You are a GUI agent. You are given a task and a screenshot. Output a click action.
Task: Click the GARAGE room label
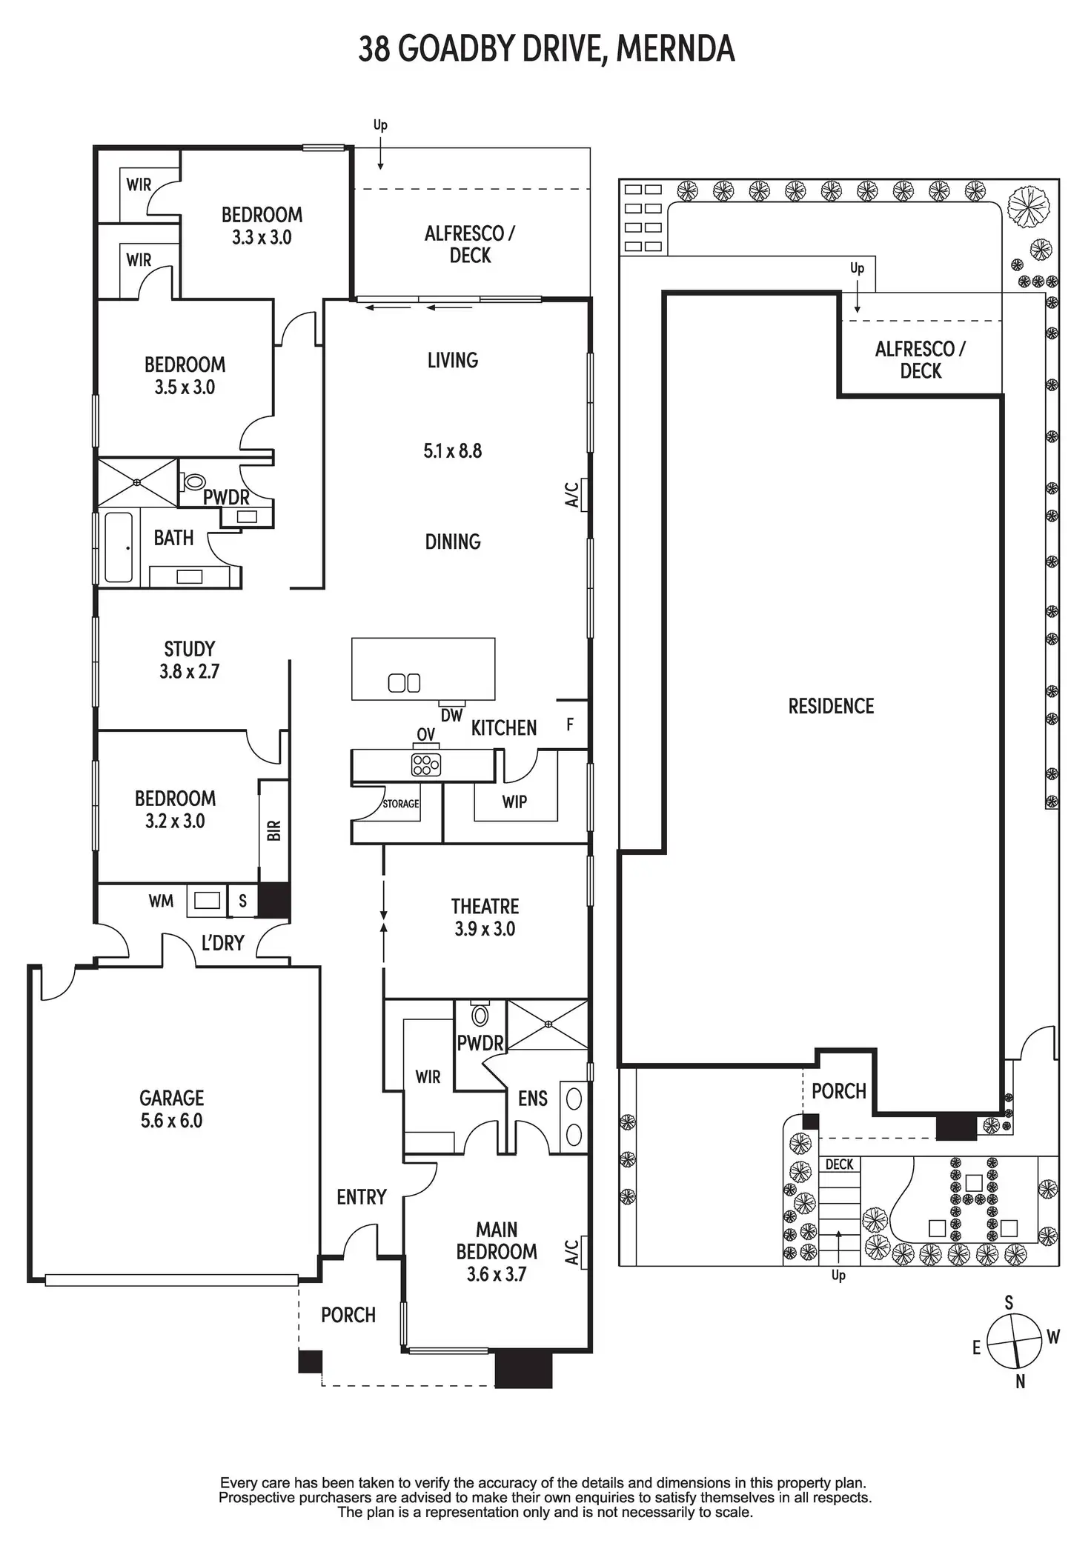click(x=171, y=1098)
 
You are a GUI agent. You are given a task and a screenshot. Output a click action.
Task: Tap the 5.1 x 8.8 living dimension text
click(x=452, y=451)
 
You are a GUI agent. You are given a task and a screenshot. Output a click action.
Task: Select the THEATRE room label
click(x=485, y=906)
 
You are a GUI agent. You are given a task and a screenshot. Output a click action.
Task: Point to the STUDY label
click(x=189, y=649)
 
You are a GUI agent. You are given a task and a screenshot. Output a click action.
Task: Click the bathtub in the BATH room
click(x=119, y=547)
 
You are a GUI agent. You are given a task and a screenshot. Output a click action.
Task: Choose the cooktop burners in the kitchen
click(x=425, y=764)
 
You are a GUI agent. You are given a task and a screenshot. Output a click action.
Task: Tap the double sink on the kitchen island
click(x=404, y=682)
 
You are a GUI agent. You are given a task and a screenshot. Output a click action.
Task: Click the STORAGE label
click(x=401, y=804)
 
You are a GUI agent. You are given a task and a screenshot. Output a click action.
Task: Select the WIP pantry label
click(x=514, y=802)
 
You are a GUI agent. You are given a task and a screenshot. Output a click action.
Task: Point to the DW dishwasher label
click(x=451, y=716)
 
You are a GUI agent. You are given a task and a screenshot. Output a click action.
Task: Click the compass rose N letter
click(x=1021, y=1382)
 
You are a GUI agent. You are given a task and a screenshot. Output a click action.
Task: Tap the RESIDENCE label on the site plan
click(x=831, y=706)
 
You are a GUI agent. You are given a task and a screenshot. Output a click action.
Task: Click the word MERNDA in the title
click(x=675, y=50)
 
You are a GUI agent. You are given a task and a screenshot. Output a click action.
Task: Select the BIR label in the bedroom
click(x=274, y=830)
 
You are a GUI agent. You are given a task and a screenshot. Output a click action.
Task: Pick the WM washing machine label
click(x=161, y=901)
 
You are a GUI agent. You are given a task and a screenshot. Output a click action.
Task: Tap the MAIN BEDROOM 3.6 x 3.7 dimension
click(x=496, y=1274)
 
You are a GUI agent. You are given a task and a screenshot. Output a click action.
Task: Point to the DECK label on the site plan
click(x=839, y=1164)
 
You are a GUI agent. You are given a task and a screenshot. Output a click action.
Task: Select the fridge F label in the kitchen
click(x=570, y=724)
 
